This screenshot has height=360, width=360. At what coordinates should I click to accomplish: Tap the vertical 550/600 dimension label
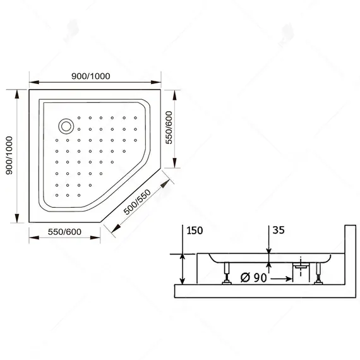169,130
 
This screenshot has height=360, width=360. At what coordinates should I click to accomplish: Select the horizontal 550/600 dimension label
65,231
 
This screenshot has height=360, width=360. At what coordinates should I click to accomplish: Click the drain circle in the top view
65,125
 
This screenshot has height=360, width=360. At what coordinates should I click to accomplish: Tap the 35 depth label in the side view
277,231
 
